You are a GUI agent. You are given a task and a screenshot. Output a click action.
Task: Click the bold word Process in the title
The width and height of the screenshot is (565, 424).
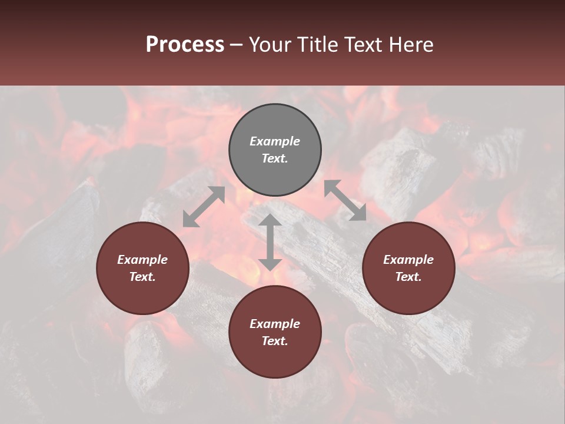185,45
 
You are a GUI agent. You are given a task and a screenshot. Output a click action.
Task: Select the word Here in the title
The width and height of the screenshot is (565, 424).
410,45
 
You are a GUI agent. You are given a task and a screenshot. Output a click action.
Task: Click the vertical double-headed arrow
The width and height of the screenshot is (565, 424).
270,242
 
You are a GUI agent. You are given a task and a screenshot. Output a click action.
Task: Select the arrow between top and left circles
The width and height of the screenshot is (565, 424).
204,206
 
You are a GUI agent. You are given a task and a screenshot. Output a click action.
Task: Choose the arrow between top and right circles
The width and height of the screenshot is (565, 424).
345,200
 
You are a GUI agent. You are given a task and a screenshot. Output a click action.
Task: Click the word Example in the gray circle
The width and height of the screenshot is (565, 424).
275,141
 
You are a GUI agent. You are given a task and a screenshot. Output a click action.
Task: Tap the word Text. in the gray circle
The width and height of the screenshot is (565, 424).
275,158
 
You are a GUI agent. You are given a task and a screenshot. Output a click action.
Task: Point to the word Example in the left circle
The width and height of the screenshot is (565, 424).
142,260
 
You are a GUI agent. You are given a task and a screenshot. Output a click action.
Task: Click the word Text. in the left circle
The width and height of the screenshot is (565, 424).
142,277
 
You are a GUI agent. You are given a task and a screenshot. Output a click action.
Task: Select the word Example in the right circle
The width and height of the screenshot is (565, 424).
408,260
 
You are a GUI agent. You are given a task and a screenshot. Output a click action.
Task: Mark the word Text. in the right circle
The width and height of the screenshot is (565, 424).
408,277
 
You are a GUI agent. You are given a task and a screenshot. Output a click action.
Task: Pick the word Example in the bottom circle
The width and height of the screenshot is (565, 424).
275,324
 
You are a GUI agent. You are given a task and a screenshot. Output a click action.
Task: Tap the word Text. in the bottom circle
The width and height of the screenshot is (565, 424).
275,341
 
